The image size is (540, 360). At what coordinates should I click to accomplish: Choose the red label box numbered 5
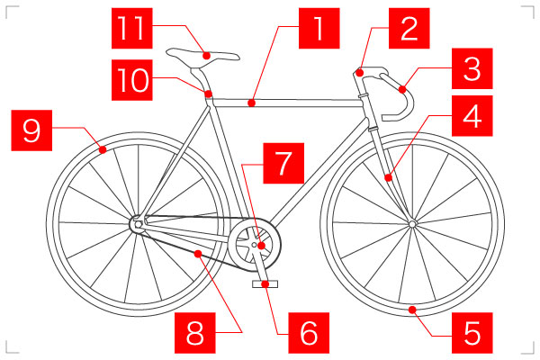tap(472, 332)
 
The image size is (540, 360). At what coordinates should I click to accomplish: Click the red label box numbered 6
tap(309, 332)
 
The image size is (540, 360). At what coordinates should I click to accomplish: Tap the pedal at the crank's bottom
tap(265, 284)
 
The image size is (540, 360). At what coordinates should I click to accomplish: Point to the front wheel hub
tap(411, 222)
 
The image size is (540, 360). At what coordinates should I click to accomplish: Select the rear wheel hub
tap(137, 221)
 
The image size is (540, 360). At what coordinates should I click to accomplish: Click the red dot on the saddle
tap(207, 56)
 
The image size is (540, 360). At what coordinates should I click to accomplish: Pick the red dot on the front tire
tap(411, 310)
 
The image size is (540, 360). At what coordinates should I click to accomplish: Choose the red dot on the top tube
tap(253, 103)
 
